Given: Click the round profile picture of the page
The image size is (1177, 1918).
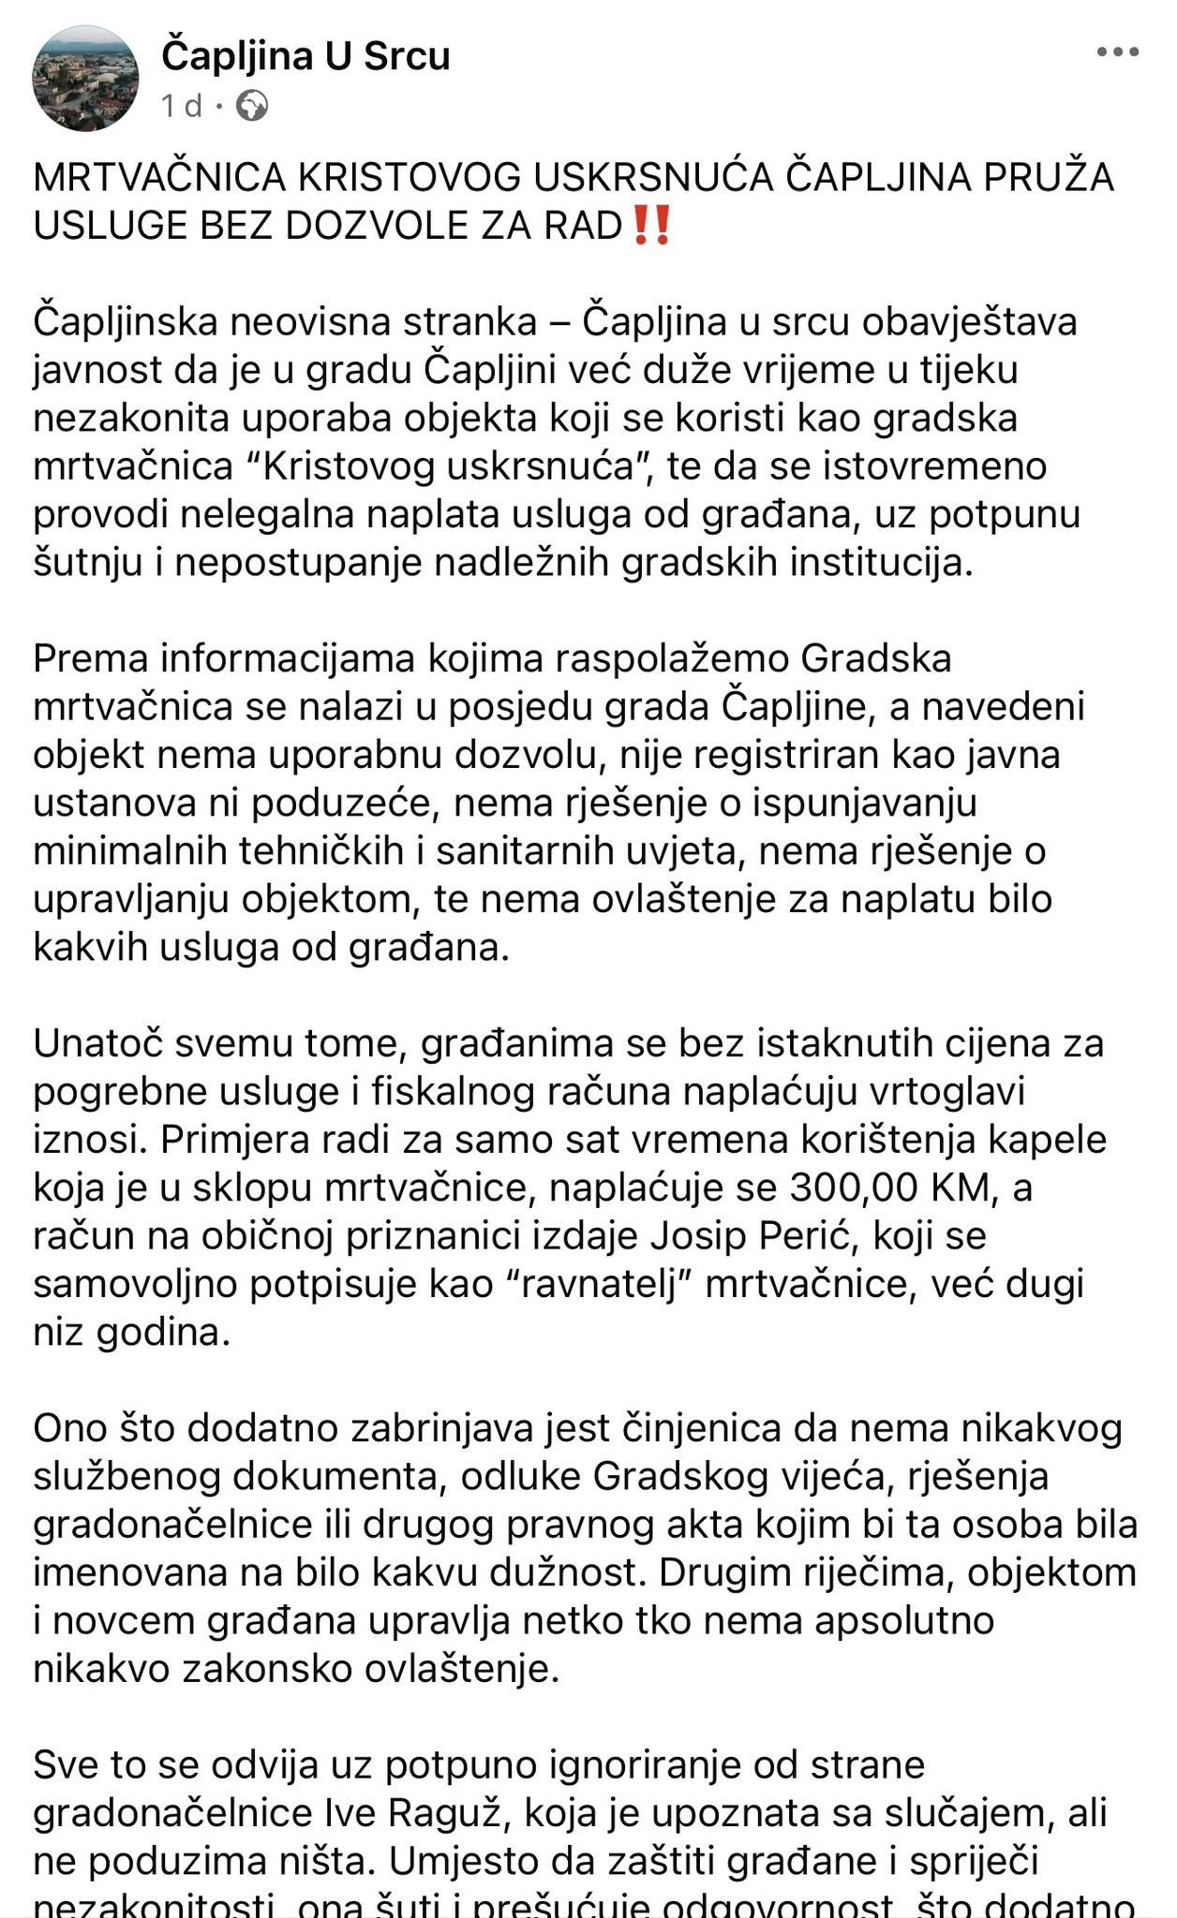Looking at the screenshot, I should pyautogui.click(x=84, y=81).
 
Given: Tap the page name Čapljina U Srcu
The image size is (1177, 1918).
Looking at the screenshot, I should pyautogui.click(x=305, y=57).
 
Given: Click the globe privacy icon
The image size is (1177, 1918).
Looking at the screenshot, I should pyautogui.click(x=251, y=106).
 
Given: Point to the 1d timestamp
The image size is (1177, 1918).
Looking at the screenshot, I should pyautogui.click(x=181, y=106).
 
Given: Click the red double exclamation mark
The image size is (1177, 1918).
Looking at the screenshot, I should pyautogui.click(x=651, y=226).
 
